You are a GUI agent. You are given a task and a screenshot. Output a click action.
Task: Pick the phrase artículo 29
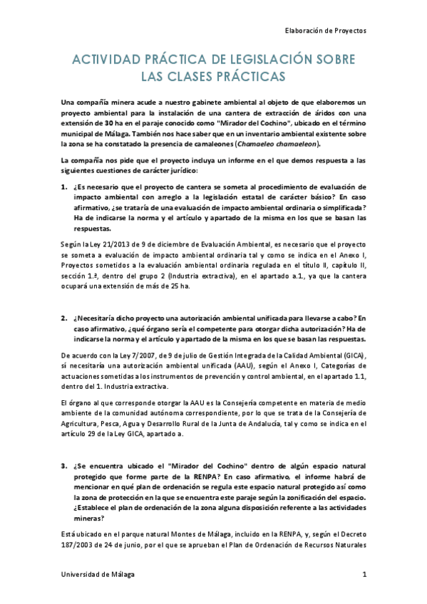(x=85, y=434)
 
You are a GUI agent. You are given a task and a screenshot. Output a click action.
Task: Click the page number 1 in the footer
(x=364, y=573)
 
